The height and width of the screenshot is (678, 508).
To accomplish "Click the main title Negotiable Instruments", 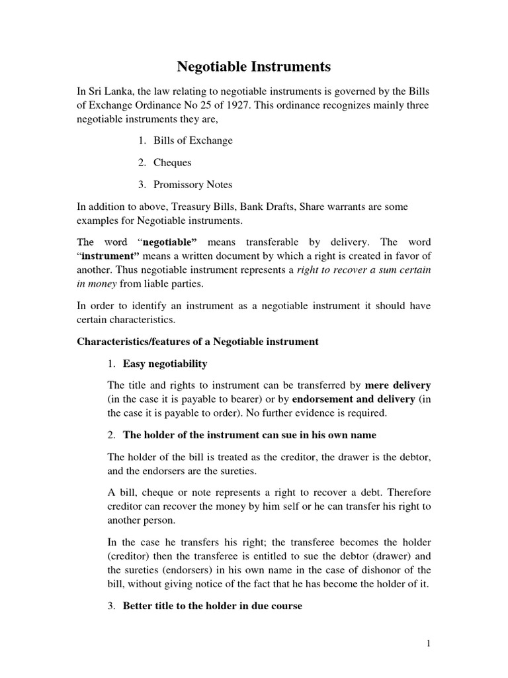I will click(254, 67).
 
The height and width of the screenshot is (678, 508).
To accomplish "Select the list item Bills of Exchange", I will click(192, 140).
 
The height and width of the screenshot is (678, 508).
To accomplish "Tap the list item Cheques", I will click(173, 162).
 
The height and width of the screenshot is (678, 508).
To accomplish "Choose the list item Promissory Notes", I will click(192, 185).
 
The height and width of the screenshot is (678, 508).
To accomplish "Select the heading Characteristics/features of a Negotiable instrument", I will click(198, 342).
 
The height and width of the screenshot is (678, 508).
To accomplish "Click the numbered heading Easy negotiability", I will click(165, 363).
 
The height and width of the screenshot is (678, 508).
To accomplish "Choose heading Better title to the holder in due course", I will click(212, 606).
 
